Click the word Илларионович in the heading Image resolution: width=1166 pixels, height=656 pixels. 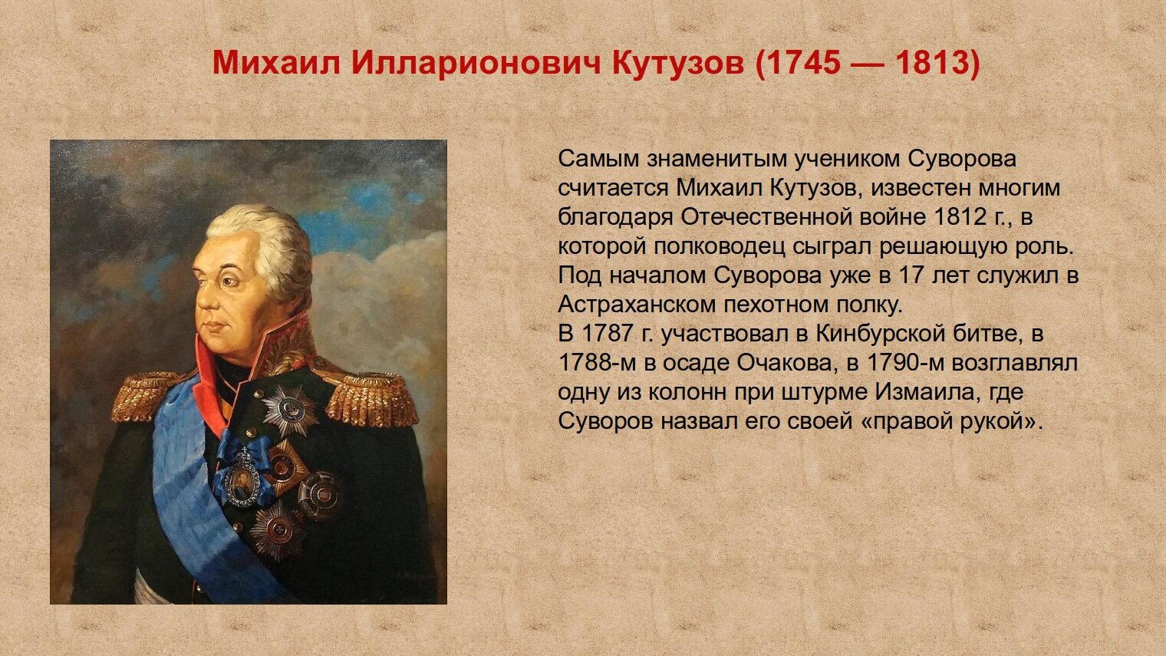click(x=476, y=64)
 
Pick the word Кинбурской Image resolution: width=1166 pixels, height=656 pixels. click(x=880, y=334)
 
